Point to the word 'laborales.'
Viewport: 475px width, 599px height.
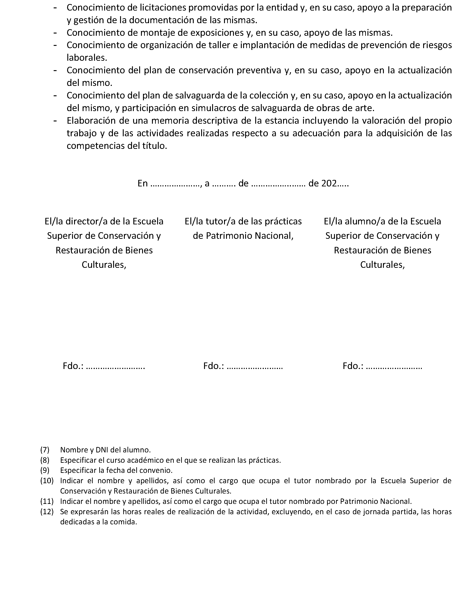tap(87, 58)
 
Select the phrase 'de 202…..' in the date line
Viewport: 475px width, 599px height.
tap(328, 183)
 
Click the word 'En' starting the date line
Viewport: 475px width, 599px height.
tap(143, 183)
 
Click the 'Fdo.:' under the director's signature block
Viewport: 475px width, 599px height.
tap(73, 366)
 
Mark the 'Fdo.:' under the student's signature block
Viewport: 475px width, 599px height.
tap(353, 366)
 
